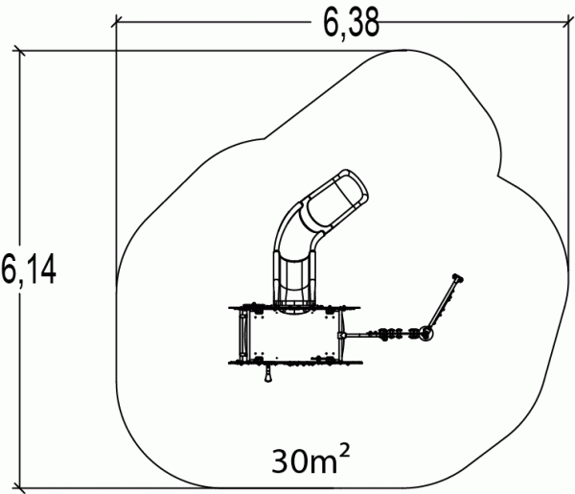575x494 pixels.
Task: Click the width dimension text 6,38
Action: point(351,24)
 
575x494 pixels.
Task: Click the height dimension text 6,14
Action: point(29,269)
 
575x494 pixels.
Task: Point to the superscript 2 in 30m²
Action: point(345,450)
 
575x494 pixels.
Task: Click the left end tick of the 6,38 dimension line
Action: point(116,22)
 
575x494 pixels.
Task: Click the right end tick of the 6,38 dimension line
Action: point(568,22)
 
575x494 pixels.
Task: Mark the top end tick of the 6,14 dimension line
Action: point(19,51)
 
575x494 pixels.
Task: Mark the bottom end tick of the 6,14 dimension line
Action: point(19,488)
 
